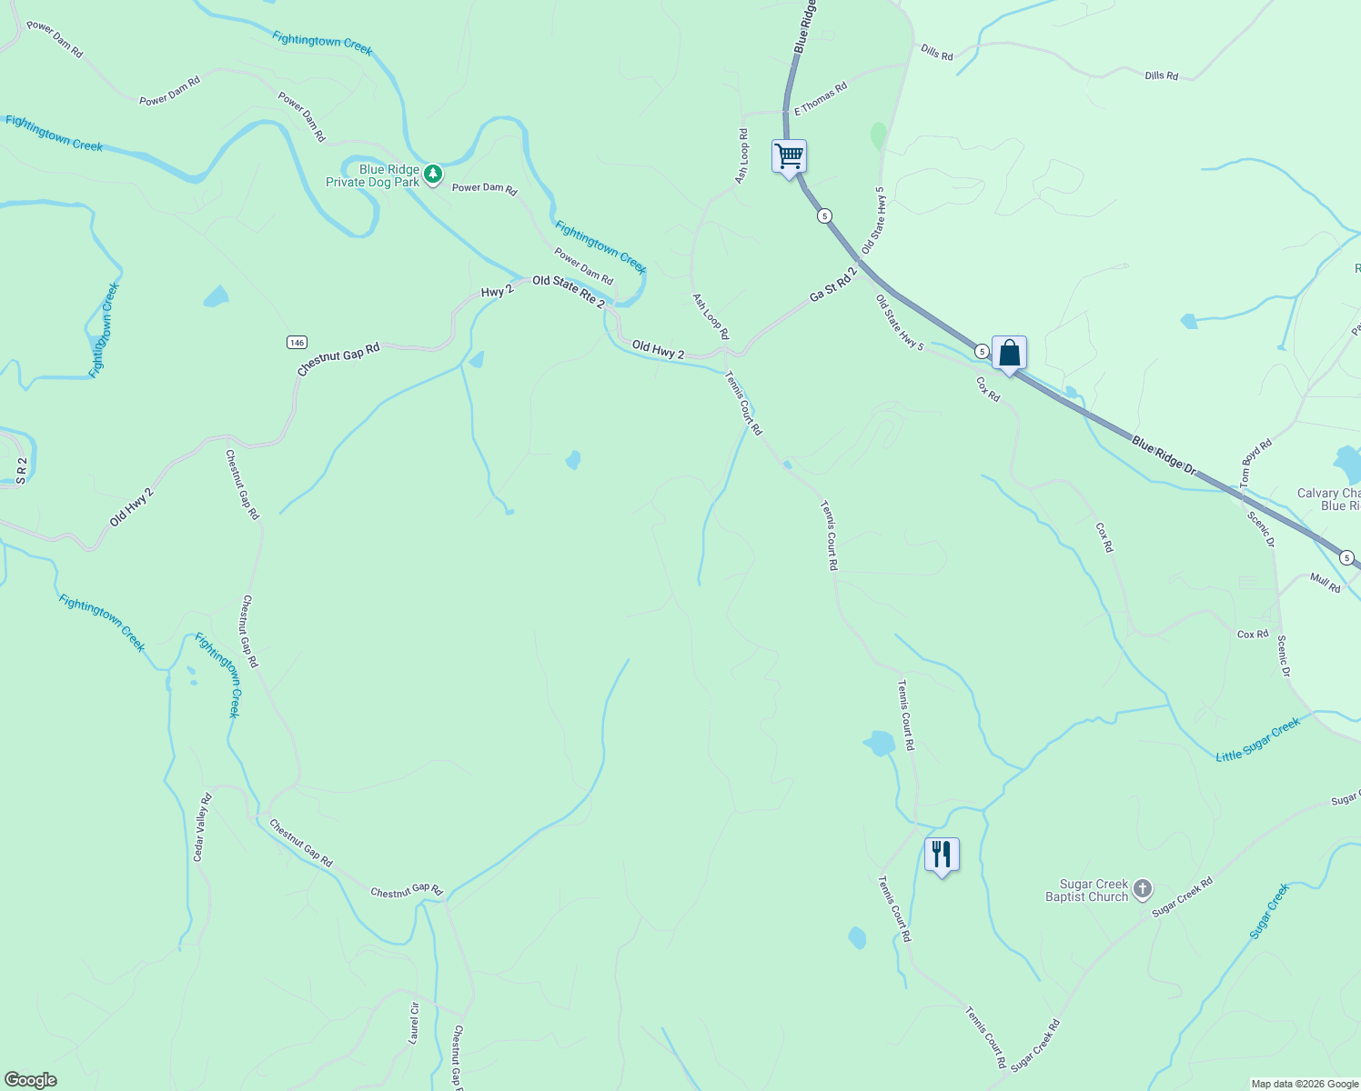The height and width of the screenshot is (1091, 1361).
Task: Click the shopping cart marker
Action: [789, 157]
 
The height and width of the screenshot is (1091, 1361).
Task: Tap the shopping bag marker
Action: [1009, 353]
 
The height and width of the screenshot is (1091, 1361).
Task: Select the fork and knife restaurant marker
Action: [942, 855]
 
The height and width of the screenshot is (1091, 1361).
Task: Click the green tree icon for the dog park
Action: [434, 173]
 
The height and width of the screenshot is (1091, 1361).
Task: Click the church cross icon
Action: [1143, 890]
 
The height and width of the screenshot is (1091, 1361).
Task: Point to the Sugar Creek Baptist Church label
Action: [1086, 890]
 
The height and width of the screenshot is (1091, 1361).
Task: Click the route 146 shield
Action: [297, 342]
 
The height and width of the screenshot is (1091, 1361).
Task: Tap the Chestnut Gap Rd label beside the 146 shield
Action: [338, 359]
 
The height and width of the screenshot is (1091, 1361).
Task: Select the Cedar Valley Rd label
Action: [202, 827]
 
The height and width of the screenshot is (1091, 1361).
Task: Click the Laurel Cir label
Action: [415, 1022]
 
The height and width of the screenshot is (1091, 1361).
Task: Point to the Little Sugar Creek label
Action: [1258, 739]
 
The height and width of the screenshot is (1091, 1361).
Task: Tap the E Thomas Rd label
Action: [821, 98]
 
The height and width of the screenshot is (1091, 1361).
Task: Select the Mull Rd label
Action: [1325, 582]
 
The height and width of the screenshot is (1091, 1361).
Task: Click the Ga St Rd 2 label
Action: [833, 285]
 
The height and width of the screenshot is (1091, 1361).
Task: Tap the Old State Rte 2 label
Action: [568, 290]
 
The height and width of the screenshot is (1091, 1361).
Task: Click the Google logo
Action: [31, 1080]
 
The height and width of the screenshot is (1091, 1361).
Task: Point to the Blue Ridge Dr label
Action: [1164, 455]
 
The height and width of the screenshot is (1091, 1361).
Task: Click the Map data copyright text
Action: [1305, 1084]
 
